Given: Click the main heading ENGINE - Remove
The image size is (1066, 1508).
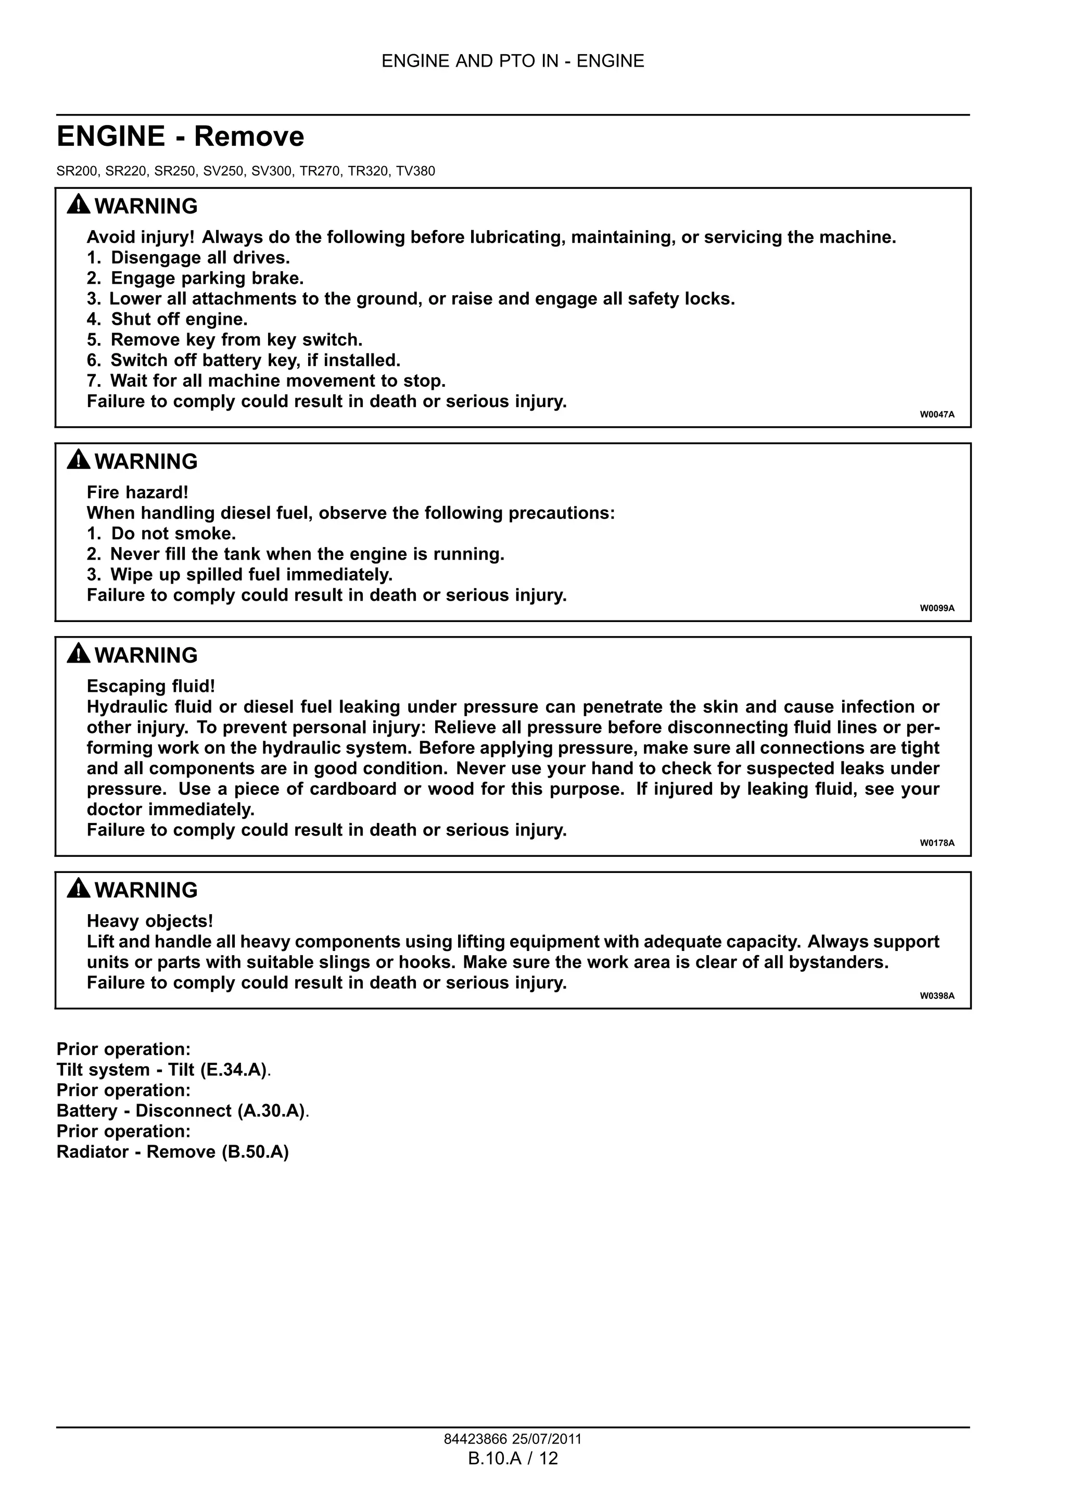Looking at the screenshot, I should click(181, 136).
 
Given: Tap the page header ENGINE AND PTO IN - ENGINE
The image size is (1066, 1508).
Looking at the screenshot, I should click(513, 61).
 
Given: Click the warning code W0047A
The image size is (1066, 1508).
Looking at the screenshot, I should click(936, 414).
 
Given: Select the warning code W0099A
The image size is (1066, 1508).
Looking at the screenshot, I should click(936, 608).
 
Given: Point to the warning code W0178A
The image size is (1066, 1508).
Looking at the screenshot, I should click(936, 843).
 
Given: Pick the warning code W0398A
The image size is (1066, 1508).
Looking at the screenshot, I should click(936, 996).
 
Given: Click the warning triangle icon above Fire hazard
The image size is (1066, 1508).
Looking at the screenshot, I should click(78, 460).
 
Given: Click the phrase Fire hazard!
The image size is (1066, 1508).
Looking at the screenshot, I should click(137, 492).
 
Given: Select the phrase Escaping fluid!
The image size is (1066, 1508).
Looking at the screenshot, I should click(151, 687).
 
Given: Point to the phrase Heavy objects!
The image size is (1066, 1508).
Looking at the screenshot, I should click(150, 921).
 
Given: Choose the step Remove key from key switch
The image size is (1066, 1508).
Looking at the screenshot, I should click(236, 339).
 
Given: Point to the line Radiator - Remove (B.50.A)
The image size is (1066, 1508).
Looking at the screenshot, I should click(173, 1152).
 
